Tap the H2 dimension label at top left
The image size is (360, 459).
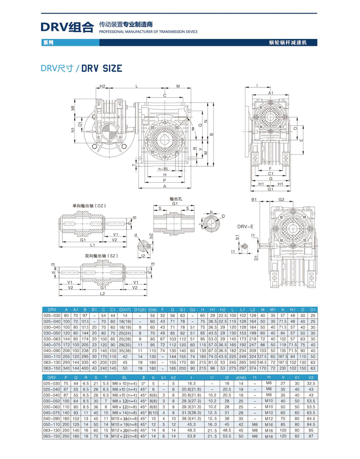103,87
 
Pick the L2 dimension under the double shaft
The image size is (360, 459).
102,293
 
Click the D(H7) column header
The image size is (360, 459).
124,309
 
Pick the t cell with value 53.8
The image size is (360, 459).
190,436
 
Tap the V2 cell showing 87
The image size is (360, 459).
311,436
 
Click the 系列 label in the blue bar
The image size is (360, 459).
48,43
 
